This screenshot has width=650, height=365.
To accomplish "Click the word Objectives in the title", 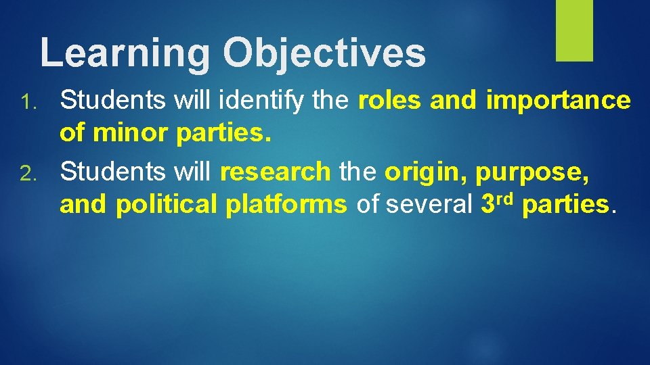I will pyautogui.click(x=325, y=53).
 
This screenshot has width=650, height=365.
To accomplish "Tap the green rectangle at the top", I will pyautogui.click(x=574, y=30).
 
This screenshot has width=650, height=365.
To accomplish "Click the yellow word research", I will pyautogui.click(x=276, y=172).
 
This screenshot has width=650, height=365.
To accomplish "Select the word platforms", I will pyautogui.click(x=286, y=204).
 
